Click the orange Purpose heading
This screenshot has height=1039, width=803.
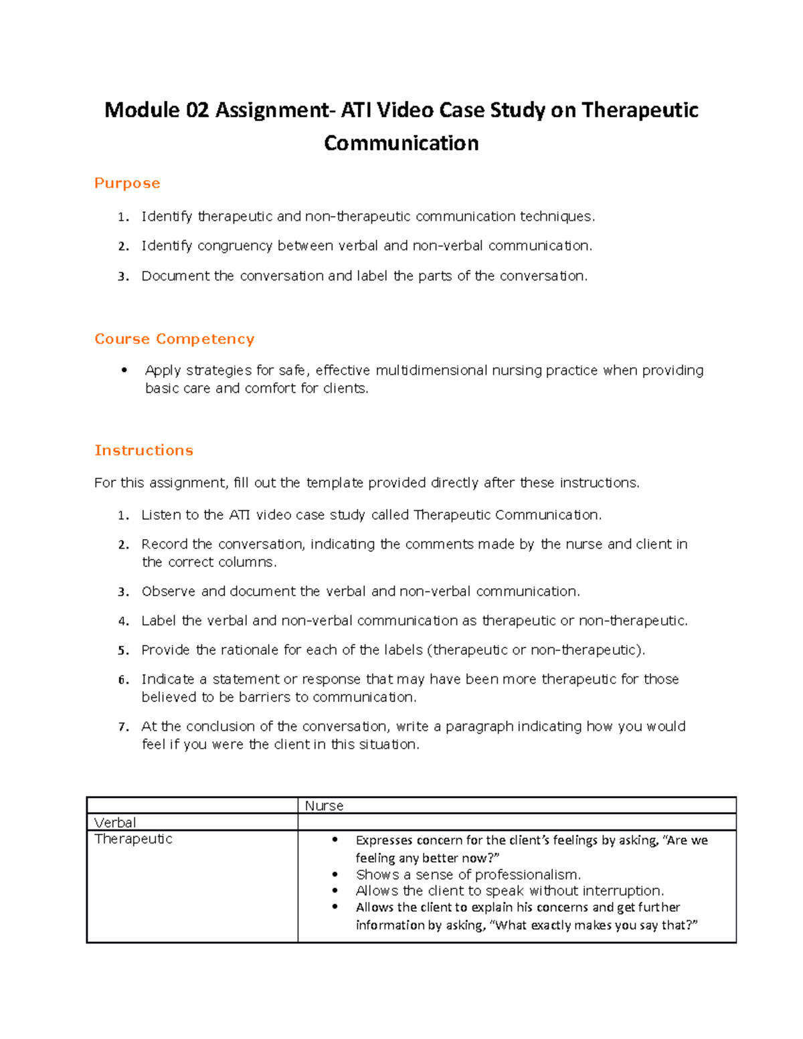coord(127,183)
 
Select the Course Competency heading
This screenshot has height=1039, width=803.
coord(174,339)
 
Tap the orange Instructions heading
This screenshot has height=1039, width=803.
coord(144,450)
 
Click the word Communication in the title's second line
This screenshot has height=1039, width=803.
coord(401,143)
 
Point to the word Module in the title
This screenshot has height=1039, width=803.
coord(142,110)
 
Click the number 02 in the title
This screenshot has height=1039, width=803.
coord(197,110)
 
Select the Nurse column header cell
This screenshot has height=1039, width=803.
coord(324,806)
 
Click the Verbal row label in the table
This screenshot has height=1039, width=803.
coord(115,822)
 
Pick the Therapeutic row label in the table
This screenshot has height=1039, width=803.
coord(133,839)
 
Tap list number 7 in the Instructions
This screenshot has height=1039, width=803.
coord(122,727)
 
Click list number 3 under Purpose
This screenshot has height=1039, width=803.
coord(122,276)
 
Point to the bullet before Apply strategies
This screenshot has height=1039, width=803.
coord(124,371)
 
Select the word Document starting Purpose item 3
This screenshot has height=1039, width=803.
coord(175,276)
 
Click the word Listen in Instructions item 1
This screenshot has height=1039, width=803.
coord(161,514)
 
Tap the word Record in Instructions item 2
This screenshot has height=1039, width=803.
coord(164,544)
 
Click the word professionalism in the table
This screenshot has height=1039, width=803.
coord(527,874)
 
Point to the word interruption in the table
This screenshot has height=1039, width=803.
coord(622,890)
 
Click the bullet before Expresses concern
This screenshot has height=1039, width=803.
coord(335,840)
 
